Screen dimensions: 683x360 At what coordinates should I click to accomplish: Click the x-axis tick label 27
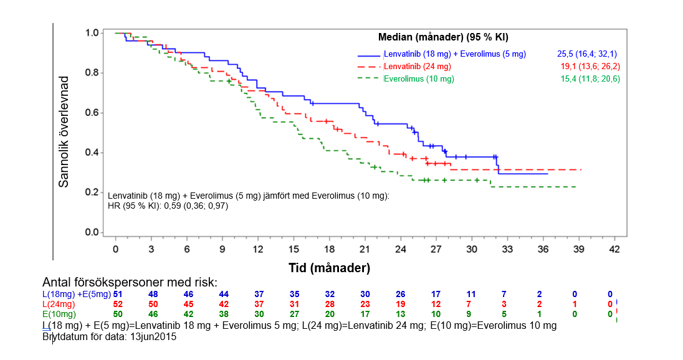436,249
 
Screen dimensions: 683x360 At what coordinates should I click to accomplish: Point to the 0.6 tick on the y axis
92,113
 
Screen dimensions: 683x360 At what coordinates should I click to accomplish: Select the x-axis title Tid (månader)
329,268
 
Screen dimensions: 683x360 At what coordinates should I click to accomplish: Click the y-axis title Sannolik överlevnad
64,132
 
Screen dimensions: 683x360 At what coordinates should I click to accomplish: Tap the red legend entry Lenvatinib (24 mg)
418,67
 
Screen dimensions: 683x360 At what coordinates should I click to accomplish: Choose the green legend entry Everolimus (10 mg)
419,79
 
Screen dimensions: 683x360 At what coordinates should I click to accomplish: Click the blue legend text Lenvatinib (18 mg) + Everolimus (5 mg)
455,54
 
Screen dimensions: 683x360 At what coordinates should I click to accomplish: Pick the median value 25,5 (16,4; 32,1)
587,54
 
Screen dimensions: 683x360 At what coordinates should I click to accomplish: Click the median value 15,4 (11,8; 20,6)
590,79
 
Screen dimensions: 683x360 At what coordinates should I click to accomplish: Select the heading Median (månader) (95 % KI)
443,37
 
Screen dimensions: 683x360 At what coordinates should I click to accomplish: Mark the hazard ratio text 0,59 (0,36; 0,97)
196,206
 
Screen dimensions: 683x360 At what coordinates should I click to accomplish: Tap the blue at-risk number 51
118,294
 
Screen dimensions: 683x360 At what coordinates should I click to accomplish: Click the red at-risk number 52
118,304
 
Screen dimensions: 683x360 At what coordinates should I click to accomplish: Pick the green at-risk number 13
400,314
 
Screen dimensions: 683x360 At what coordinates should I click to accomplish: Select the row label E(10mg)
59,314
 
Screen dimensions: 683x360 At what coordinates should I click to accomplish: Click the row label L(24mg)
59,304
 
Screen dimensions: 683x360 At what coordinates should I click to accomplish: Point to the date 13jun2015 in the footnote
153,336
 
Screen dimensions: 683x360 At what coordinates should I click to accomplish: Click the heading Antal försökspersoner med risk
130,282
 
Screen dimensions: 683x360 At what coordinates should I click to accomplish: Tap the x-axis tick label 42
614,249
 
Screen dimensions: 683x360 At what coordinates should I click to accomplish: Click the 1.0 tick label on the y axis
92,32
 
